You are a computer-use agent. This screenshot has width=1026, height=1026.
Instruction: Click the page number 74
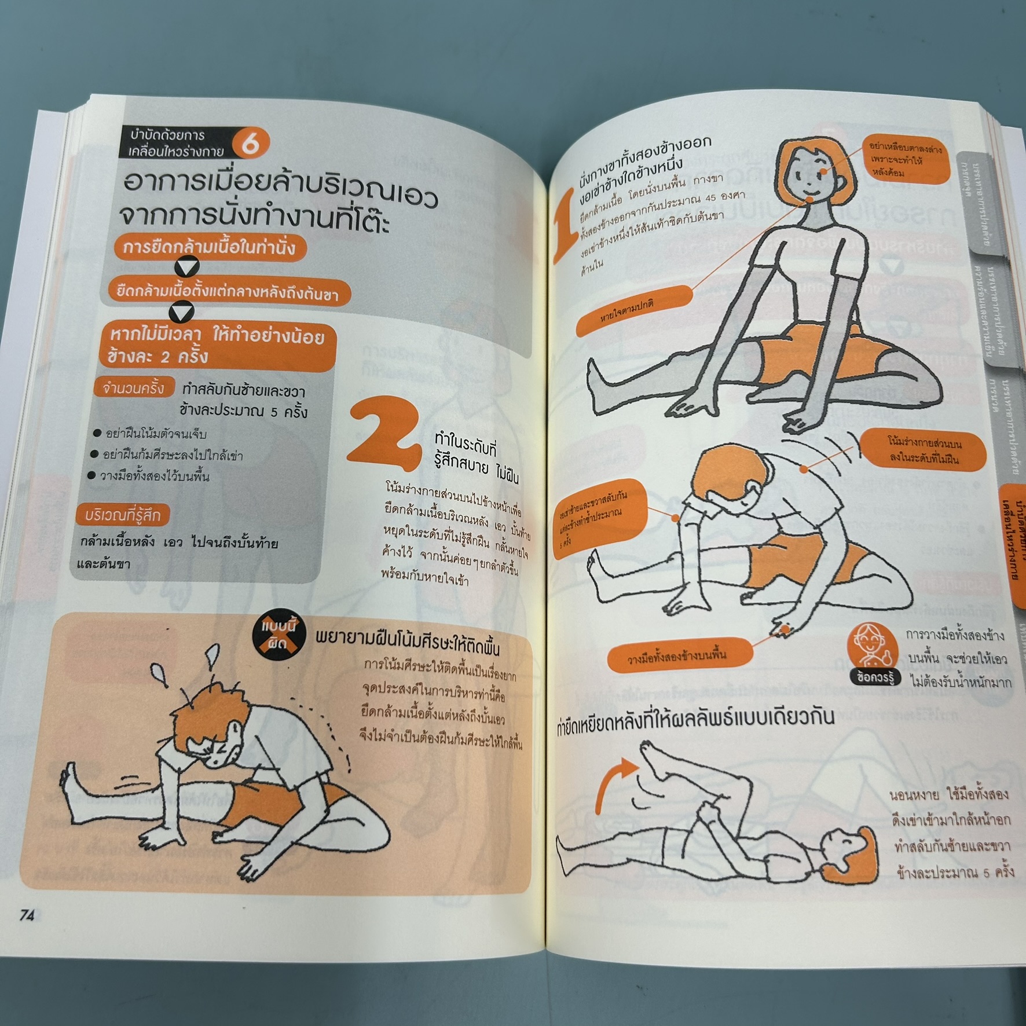[x=27, y=915]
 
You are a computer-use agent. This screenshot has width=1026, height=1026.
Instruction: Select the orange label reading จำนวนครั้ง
[x=134, y=388]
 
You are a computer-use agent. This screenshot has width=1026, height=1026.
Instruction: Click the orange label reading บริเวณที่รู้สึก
[x=123, y=515]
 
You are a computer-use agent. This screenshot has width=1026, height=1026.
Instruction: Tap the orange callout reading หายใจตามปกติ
[x=634, y=311]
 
